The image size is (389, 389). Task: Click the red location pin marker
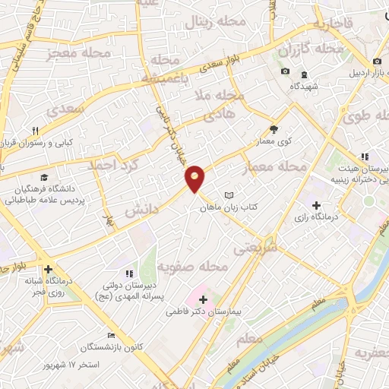point(195,178)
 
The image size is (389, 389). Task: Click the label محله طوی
point(365,116)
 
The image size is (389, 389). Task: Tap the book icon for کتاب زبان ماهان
point(229,195)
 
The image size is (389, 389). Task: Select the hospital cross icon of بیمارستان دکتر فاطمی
point(203,299)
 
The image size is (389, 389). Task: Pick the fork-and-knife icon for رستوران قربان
point(35,130)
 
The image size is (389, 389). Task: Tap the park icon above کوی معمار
point(274,130)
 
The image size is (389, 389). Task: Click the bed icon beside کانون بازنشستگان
point(112,335)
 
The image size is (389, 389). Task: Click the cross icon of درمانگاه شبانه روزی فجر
point(48,269)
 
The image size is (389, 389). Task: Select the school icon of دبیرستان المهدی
point(128,274)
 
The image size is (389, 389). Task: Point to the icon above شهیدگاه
point(304,74)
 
